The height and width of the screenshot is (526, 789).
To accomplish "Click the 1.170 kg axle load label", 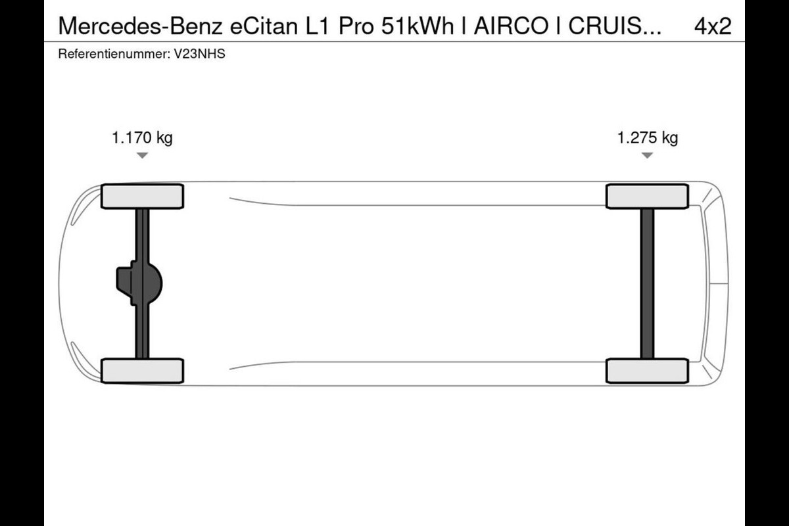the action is tap(142, 138).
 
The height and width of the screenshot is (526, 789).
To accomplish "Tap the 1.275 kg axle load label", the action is tap(648, 138).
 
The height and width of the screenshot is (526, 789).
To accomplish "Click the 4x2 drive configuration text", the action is tap(713, 26).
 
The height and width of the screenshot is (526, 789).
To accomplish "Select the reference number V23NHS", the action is tap(199, 54).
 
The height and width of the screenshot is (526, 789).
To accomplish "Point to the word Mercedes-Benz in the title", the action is tap(141, 26).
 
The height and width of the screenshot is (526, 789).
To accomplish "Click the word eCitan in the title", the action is tap(264, 26).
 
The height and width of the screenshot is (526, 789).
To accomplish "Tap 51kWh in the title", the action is tap(418, 26).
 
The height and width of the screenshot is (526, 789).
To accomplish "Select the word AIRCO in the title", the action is tap(511, 26).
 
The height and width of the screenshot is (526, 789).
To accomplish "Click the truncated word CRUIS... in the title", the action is tap(615, 26).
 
